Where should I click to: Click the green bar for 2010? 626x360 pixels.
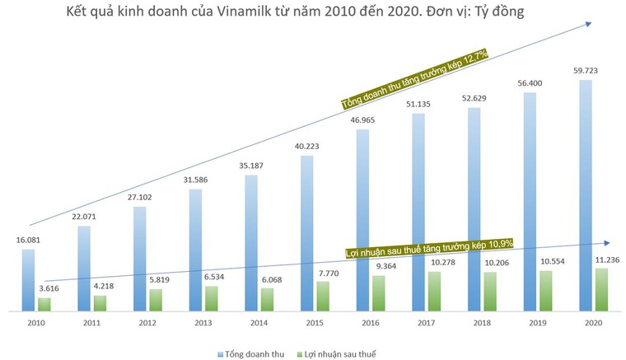[x=44, y=304]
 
